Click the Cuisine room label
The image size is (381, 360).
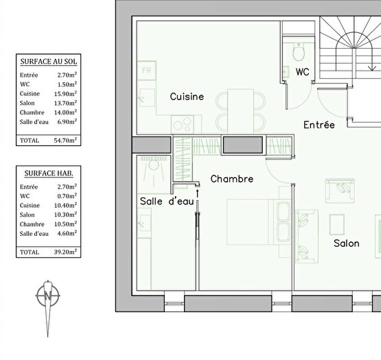[187, 97]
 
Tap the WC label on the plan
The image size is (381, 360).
[302, 71]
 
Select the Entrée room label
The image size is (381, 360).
[319, 125]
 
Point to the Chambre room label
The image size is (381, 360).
[232, 179]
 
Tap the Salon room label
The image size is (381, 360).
[347, 243]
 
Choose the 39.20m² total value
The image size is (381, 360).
[67, 252]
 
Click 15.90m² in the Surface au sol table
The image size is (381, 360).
[67, 93]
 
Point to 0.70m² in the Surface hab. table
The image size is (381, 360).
[67, 195]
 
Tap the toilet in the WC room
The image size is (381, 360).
[299, 52]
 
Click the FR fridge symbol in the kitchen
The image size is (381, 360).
[146, 71]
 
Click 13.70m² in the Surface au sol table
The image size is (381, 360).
[67, 103]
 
